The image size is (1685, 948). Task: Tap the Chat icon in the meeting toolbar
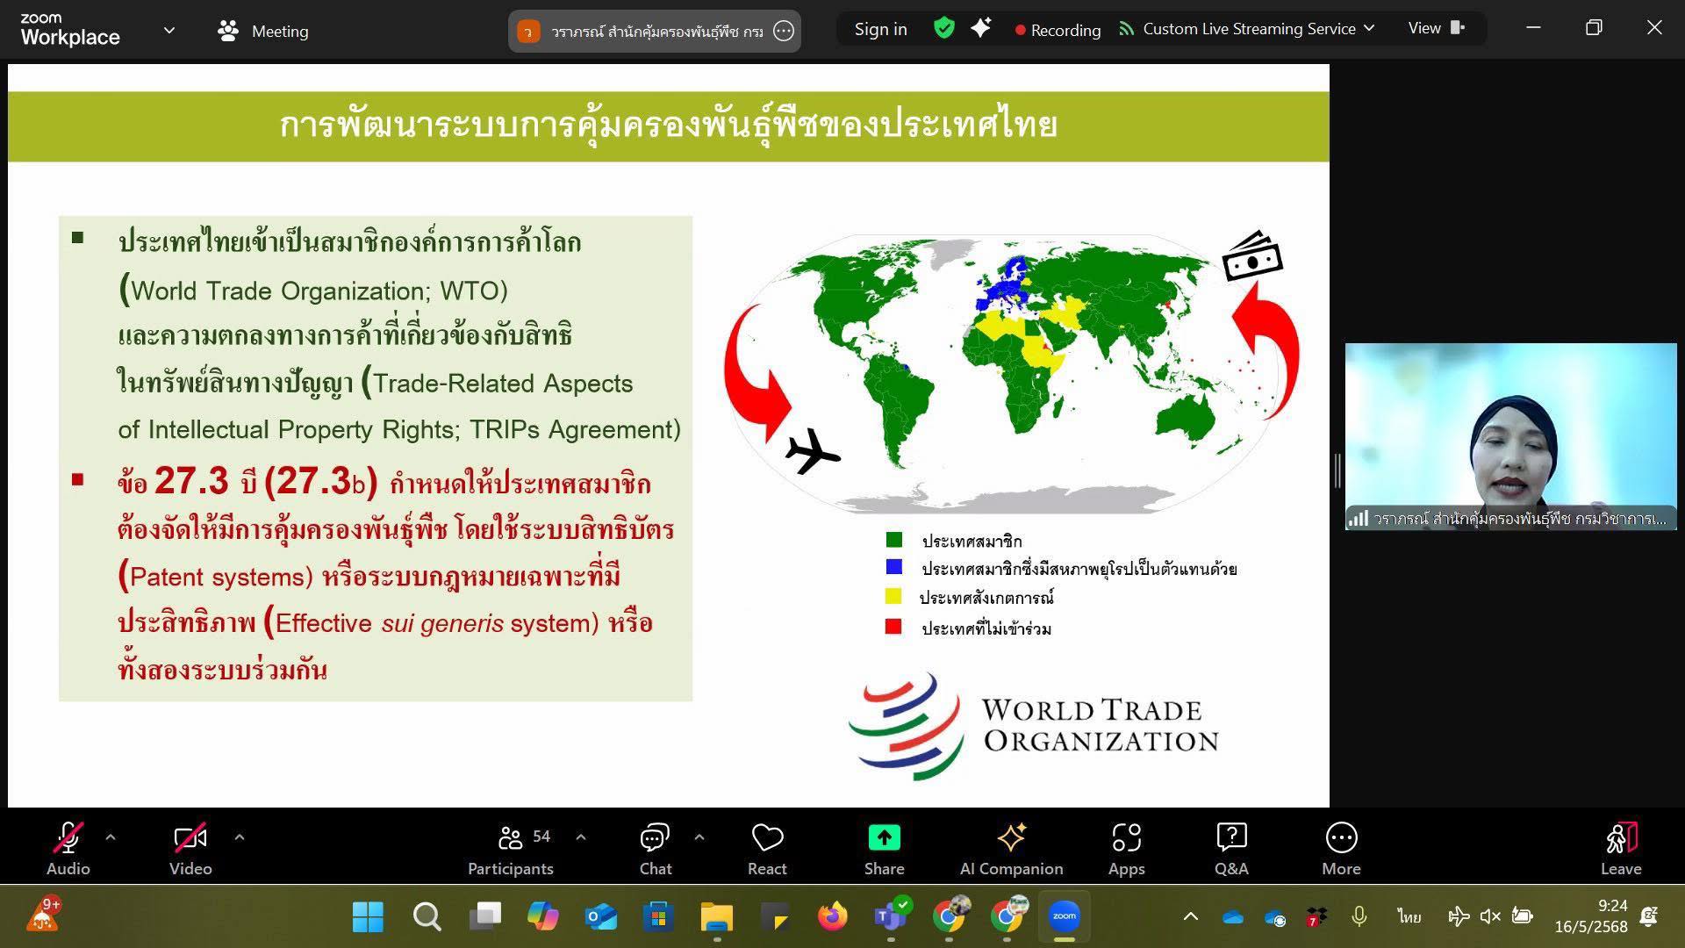[655, 837]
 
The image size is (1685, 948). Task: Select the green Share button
[884, 838]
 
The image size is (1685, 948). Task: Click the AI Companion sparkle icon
[1011, 837]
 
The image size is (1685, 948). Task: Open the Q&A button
[1231, 837]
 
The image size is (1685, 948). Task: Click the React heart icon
[767, 837]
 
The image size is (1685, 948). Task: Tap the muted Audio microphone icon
[68, 838]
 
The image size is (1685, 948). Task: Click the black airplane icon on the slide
[813, 450]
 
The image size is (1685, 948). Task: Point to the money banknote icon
[1252, 256]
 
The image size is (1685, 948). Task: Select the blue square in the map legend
[893, 567]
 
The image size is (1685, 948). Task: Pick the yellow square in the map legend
[893, 597]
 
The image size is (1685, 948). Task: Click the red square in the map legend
[893, 627]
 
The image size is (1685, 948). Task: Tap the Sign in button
[881, 29]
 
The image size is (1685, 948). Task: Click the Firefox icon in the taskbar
[832, 917]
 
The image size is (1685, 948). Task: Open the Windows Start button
[368, 917]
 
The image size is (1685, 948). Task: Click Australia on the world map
[1187, 420]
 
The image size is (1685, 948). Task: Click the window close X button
[1654, 28]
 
